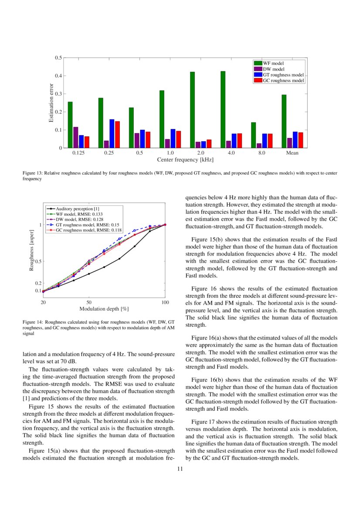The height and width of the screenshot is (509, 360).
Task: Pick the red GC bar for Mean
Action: tap(300, 140)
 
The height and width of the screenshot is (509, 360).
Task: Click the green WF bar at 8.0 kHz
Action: tap(253, 135)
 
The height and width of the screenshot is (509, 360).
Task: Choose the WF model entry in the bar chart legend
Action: tap(273, 64)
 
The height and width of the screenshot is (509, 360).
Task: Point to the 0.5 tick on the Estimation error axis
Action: tap(58, 58)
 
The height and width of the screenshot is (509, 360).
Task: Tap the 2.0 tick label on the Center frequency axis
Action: tap(200, 153)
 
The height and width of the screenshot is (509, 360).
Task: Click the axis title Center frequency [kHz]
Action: tap(185, 160)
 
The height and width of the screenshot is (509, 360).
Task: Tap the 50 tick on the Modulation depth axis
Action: tap(88, 302)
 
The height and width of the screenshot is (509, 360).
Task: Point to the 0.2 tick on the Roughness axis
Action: tap(38, 283)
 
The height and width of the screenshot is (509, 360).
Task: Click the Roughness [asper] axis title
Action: tap(31, 253)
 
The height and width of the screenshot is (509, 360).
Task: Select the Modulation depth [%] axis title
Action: tap(104, 309)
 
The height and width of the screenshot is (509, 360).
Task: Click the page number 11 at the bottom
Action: tap(180, 469)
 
